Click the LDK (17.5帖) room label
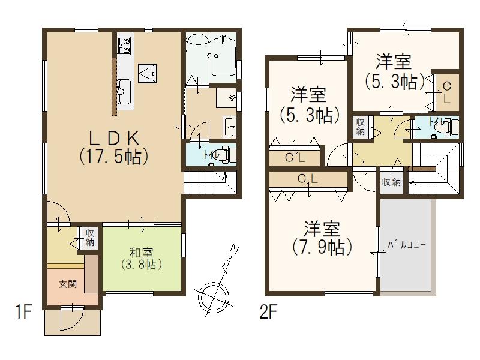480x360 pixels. [114, 148]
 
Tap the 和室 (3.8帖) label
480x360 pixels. [142, 259]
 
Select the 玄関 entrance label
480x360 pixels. [68, 284]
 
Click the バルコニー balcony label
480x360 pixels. [407, 245]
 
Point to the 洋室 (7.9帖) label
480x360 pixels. [322, 238]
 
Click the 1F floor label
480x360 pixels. [23, 312]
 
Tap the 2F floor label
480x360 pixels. [268, 312]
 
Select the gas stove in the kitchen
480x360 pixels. [124, 46]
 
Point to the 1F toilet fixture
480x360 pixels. [227, 154]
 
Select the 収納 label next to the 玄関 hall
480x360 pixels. [89, 238]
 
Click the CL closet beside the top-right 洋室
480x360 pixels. [447, 92]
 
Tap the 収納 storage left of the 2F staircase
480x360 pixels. [392, 182]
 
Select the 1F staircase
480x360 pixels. [211, 182]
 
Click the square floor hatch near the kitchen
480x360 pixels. [148, 73]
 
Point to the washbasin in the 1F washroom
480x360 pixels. [229, 127]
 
